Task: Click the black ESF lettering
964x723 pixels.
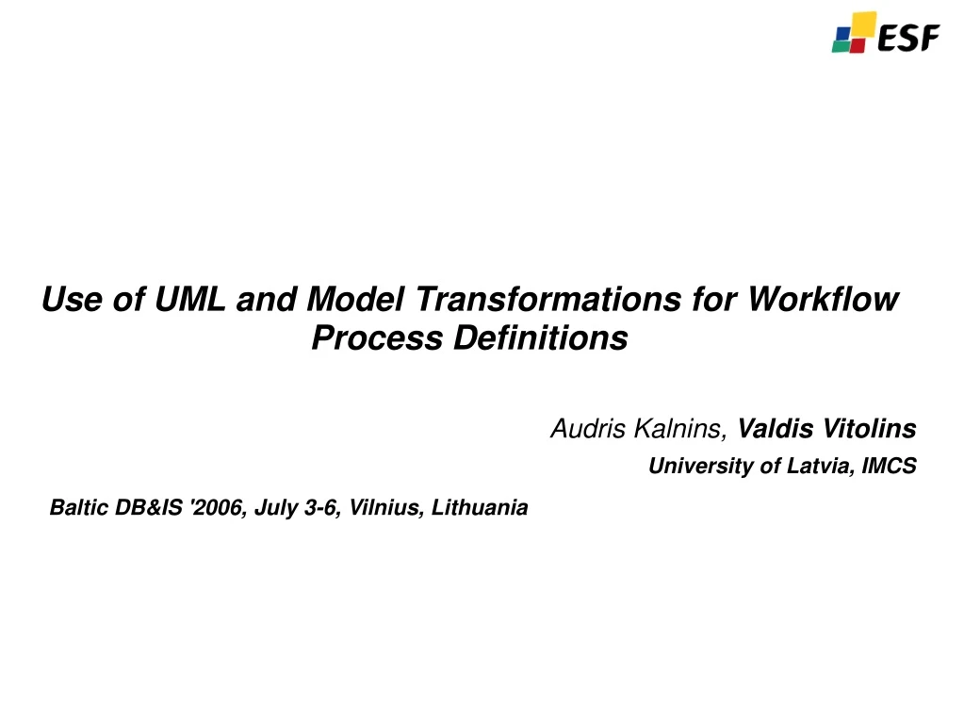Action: coord(908,39)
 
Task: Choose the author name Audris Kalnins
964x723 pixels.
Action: coord(639,430)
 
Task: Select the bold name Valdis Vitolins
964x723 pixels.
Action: coord(826,430)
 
